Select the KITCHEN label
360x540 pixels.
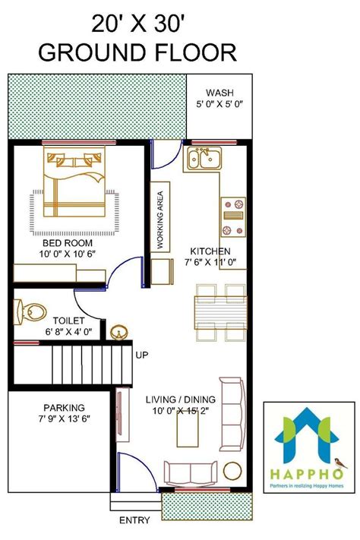tap(210, 251)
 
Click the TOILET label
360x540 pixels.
tap(69, 321)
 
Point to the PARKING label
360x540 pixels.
tap(64, 407)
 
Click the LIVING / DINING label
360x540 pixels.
tap(181, 399)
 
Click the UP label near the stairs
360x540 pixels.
tap(141, 355)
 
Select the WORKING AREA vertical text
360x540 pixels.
tap(161, 219)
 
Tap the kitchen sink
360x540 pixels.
tap(204, 159)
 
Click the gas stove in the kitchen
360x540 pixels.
tap(232, 216)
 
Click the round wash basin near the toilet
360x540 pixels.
tap(118, 331)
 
